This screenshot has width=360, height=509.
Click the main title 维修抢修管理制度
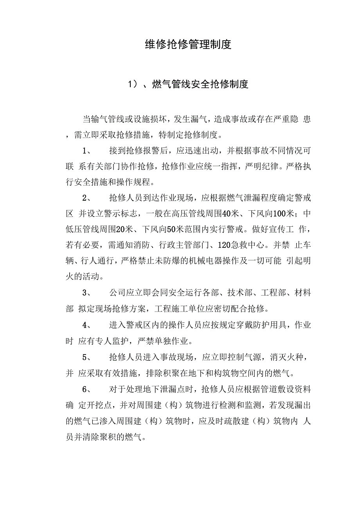point(188,44)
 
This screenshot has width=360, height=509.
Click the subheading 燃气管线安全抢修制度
point(200,84)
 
